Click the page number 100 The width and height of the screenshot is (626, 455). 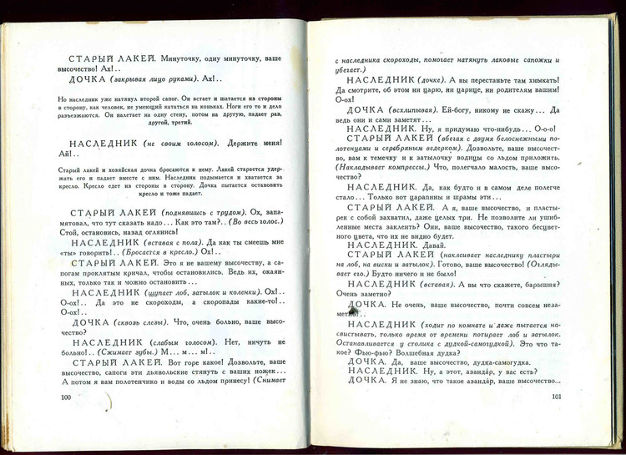[65, 397]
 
